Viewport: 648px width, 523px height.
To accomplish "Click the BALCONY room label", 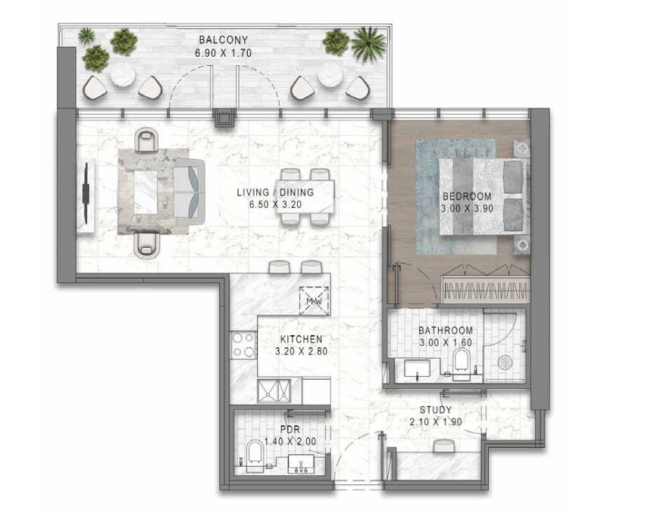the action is (x=223, y=40).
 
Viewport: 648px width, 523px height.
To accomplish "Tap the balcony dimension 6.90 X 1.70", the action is (x=223, y=53).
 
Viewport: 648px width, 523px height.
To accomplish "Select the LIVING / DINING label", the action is (x=275, y=193).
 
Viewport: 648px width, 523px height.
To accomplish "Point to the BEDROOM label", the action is (x=467, y=196).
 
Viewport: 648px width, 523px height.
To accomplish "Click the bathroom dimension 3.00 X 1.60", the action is (x=446, y=343).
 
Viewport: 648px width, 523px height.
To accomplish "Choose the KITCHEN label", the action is (x=302, y=340).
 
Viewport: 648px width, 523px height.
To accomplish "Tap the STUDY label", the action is (x=436, y=410).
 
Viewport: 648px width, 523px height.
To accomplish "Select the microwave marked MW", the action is (x=314, y=301).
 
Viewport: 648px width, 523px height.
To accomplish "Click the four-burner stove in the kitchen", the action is (x=244, y=345).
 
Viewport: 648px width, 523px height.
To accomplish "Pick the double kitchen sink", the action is (x=274, y=391).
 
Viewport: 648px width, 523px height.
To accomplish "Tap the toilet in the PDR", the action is (x=254, y=456).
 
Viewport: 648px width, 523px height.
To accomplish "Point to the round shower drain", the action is (x=505, y=363).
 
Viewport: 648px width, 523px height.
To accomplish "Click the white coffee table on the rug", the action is (x=146, y=193).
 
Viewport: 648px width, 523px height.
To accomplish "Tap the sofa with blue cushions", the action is (x=189, y=192).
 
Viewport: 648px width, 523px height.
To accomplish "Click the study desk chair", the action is (x=444, y=446).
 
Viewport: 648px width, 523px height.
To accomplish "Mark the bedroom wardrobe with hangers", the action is (x=486, y=287).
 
